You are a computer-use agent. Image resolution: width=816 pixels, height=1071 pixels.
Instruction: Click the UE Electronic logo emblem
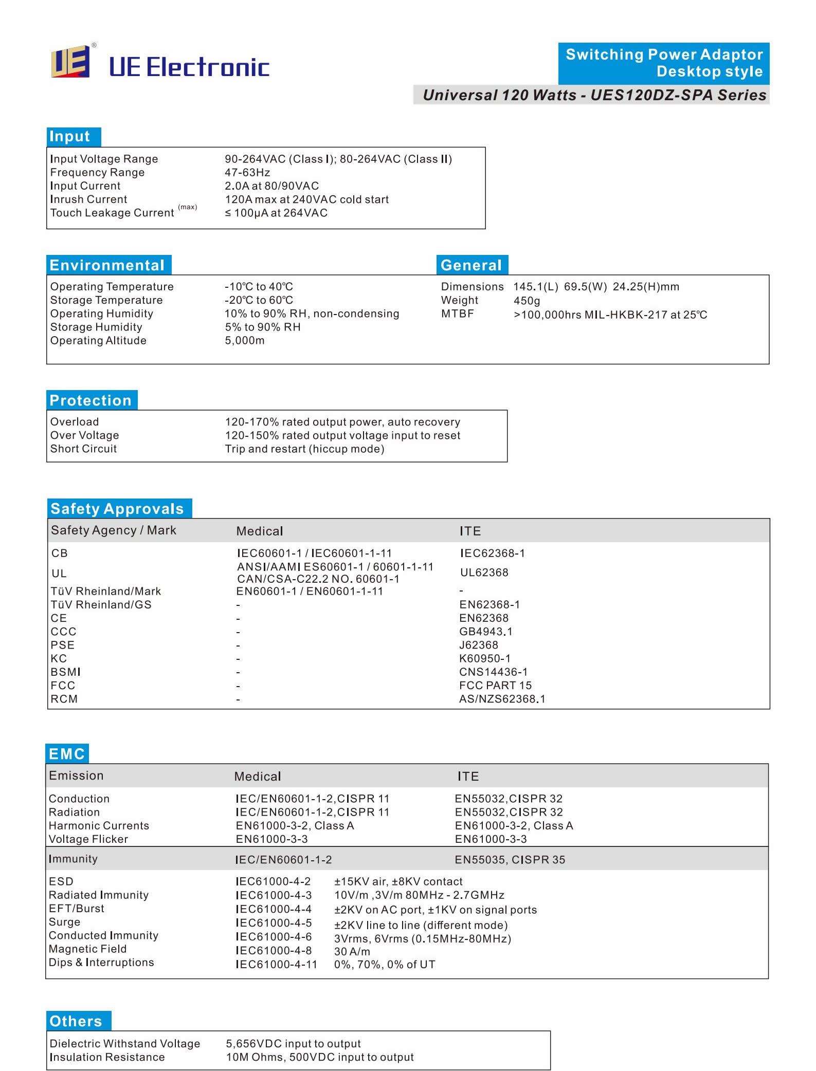click(x=70, y=62)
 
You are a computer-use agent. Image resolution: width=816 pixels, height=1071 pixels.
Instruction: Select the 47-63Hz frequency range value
click(x=247, y=173)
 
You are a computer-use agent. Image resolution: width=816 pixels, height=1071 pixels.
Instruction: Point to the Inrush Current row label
click(x=88, y=199)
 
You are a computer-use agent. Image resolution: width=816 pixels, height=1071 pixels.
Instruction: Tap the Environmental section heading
click(x=108, y=265)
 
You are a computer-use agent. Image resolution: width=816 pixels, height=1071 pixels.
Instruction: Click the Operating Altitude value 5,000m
click(x=245, y=341)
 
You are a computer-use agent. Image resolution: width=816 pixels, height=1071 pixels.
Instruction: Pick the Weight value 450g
click(x=527, y=301)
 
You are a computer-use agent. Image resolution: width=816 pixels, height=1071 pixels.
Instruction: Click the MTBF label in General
click(x=458, y=314)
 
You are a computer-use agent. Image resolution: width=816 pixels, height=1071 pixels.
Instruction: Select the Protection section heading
click(x=92, y=400)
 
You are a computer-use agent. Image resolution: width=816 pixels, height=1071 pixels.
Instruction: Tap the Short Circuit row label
click(x=83, y=449)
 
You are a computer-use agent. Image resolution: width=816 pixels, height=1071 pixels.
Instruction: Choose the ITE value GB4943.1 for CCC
click(x=486, y=632)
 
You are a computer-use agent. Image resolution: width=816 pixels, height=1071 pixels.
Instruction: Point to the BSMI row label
click(x=65, y=672)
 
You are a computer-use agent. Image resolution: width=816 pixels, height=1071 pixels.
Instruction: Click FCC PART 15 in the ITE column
click(x=496, y=686)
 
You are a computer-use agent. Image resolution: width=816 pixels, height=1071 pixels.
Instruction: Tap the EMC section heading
click(x=67, y=754)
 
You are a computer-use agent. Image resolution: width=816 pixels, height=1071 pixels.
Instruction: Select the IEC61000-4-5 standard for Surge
click(x=274, y=923)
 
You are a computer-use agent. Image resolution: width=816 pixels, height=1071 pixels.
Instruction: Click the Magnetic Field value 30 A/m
click(x=352, y=951)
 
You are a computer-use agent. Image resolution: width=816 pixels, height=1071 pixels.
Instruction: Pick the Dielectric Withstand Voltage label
click(x=125, y=1044)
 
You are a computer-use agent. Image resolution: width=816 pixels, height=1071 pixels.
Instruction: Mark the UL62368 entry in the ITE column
click(x=484, y=573)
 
